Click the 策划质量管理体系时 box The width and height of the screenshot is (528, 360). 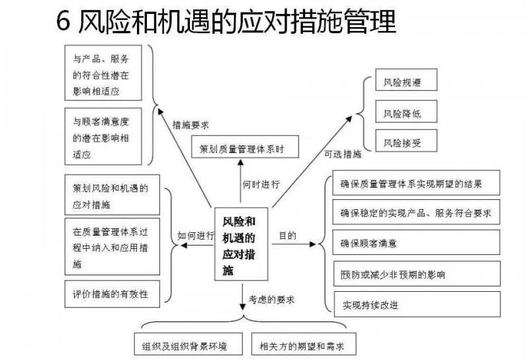click(x=244, y=148)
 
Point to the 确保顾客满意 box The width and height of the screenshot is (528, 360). click(x=416, y=243)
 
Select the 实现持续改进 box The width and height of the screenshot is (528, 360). click(x=416, y=304)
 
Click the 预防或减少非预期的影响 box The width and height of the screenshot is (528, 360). click(x=416, y=274)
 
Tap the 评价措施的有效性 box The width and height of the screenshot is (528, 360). click(x=112, y=292)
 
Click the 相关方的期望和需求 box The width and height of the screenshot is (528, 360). click(x=298, y=345)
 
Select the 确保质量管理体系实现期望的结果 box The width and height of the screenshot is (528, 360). click(x=416, y=183)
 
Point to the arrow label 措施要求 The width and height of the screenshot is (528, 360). click(x=191, y=124)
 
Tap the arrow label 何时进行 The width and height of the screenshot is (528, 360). click(x=260, y=183)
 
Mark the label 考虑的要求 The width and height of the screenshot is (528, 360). click(x=271, y=300)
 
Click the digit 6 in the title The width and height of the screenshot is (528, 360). click(x=63, y=22)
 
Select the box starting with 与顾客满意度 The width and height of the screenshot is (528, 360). click(x=103, y=137)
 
